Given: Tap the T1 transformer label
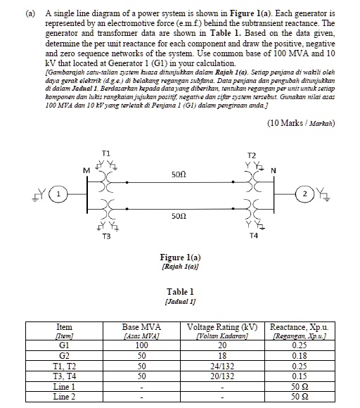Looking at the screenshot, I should tap(105, 152).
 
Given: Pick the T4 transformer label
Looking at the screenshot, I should tap(254, 237).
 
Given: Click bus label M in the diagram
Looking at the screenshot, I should tap(86, 169).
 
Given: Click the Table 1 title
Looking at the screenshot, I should tap(180, 291).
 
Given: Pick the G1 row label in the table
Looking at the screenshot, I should tap(63, 345).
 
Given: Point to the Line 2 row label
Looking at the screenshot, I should tap(63, 398).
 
